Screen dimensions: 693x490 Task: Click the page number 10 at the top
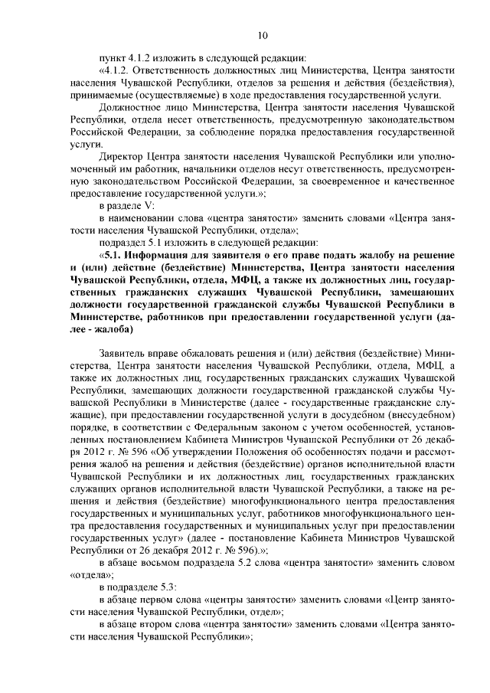262,34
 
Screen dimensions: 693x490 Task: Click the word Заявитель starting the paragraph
123,353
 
